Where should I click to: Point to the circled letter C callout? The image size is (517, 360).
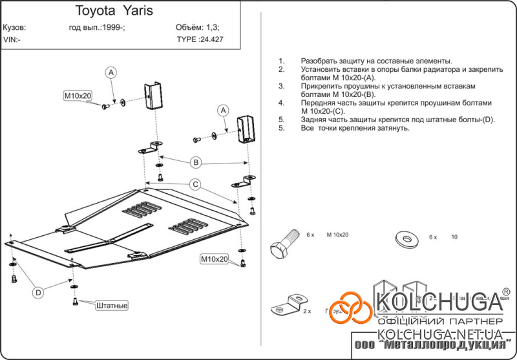point(194,184)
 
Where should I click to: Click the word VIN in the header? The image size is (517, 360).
point(10,39)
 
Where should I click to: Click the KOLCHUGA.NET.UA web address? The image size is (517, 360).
point(439,334)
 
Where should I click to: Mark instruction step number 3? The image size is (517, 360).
point(281,85)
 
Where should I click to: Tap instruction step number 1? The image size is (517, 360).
point(281,59)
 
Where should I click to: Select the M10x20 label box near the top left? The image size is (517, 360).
point(78,96)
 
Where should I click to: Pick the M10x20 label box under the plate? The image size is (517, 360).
point(214,259)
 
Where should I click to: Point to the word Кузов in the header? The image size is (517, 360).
point(15,28)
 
